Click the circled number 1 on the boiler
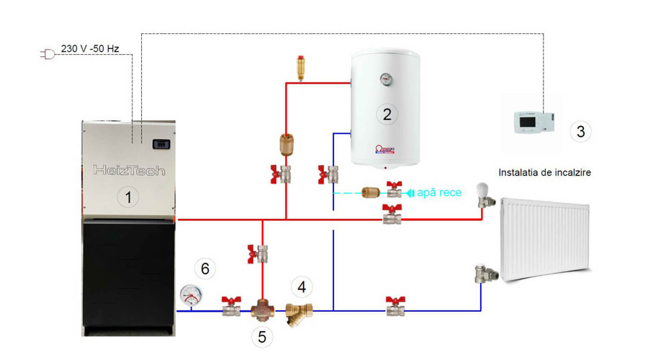(x=128, y=196)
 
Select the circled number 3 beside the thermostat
(x=580, y=131)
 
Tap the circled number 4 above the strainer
(x=302, y=287)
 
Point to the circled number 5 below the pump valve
(x=262, y=336)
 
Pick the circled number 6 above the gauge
(x=205, y=269)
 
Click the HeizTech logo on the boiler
(x=129, y=171)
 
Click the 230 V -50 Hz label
(x=90, y=49)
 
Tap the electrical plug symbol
(x=48, y=54)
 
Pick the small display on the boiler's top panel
(x=161, y=144)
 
